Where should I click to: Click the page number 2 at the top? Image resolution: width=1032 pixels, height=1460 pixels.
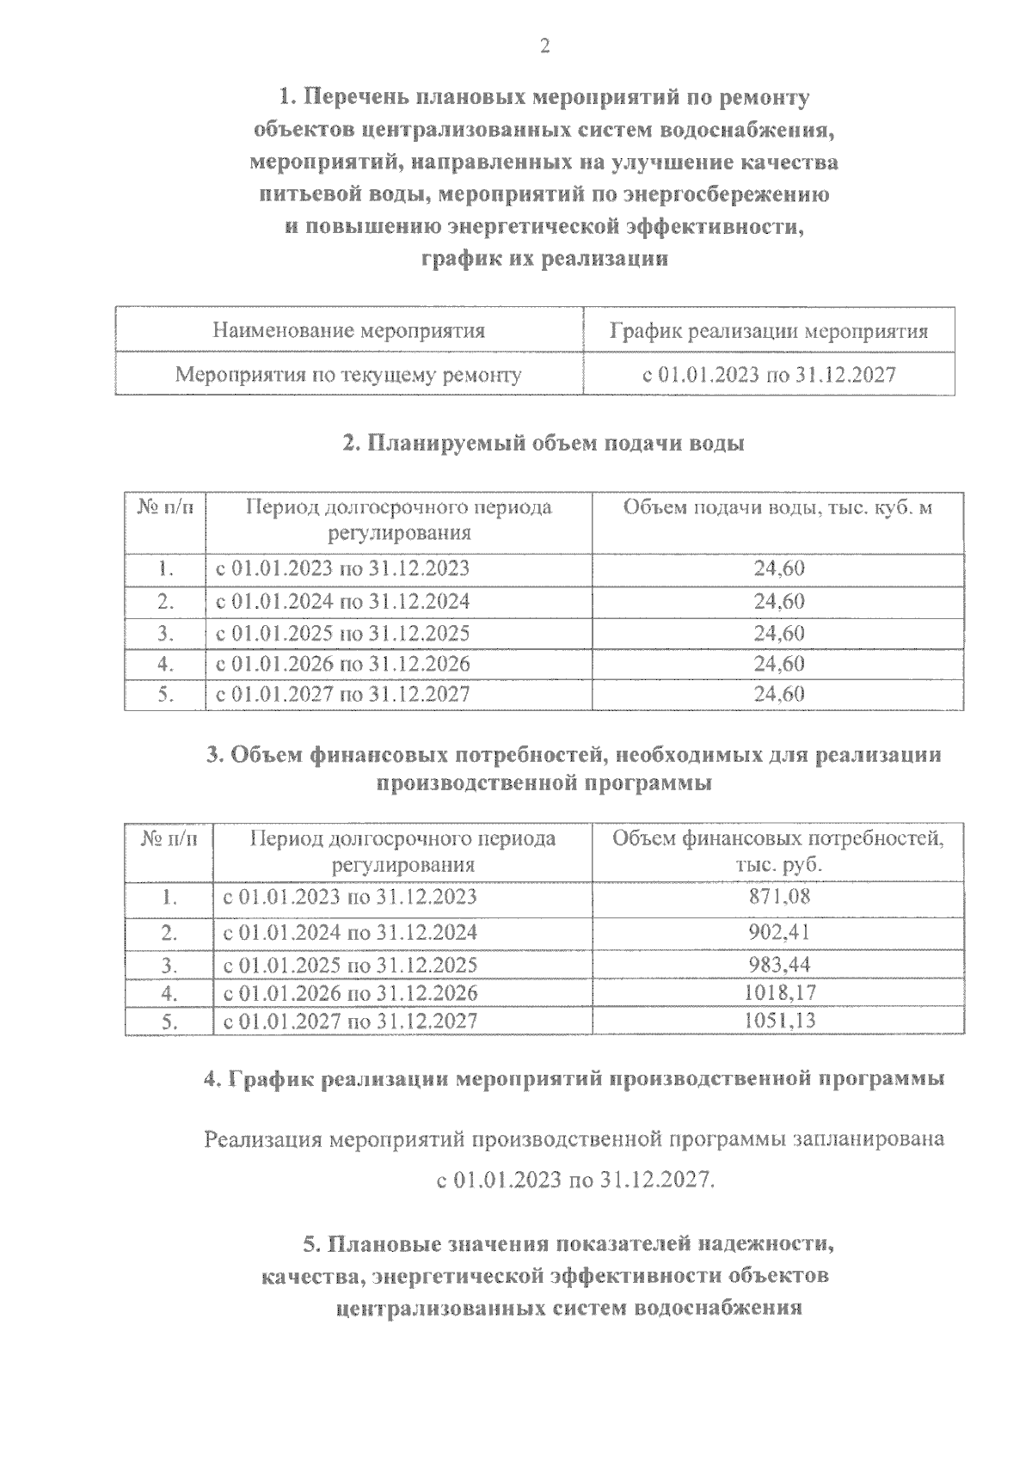(x=544, y=47)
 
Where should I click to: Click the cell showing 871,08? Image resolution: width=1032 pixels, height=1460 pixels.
(x=779, y=897)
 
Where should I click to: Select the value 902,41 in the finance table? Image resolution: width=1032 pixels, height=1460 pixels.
(x=779, y=932)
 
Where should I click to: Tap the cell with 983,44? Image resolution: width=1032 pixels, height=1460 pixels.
(x=779, y=964)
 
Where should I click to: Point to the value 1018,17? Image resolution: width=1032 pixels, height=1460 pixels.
(x=779, y=992)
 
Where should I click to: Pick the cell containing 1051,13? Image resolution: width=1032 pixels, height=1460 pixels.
(x=779, y=1021)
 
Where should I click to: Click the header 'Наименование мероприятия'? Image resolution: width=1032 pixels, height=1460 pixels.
(x=348, y=330)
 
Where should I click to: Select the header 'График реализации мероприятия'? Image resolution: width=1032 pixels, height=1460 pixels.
(x=769, y=331)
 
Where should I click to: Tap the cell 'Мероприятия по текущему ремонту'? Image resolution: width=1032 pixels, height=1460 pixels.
(x=348, y=375)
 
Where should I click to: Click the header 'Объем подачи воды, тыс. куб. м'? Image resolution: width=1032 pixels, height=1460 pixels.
(x=777, y=507)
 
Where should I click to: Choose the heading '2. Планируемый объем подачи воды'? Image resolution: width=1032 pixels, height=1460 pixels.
(x=544, y=444)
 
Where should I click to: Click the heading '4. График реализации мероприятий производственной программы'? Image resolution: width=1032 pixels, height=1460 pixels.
(x=574, y=1079)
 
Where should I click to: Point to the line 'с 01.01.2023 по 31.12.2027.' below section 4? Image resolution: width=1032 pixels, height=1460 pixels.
(x=575, y=1180)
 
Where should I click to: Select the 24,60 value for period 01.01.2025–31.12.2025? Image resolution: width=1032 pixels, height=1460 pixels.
(x=779, y=634)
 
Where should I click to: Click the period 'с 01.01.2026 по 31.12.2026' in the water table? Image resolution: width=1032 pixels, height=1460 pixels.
(x=342, y=664)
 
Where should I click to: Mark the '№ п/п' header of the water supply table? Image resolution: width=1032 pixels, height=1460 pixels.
(x=165, y=507)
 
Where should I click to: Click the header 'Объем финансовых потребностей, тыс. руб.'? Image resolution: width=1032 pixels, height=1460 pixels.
(x=777, y=850)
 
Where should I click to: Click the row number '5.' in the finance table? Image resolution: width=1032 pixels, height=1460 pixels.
(x=169, y=1021)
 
